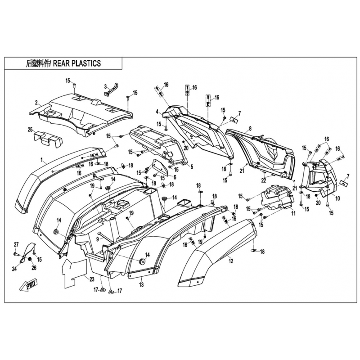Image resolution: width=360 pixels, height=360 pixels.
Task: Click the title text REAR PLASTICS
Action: click(76, 64)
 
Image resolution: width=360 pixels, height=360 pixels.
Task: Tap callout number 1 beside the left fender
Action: click(42, 160)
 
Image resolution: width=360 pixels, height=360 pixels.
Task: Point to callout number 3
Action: click(105, 86)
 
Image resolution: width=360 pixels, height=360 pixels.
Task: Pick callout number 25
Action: click(30, 130)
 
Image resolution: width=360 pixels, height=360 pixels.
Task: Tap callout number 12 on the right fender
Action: click(231, 260)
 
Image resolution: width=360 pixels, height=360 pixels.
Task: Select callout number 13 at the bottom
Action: click(141, 284)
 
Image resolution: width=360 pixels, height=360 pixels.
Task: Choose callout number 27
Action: click(16, 244)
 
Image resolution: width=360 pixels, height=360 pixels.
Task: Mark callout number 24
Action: click(14, 270)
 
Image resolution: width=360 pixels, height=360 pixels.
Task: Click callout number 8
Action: click(249, 128)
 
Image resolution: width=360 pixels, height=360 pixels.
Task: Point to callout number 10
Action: click(337, 198)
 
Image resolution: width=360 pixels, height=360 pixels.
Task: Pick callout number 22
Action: click(264, 180)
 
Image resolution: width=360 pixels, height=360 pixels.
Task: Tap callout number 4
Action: click(157, 112)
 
